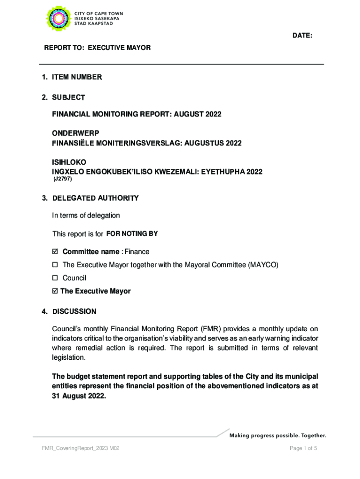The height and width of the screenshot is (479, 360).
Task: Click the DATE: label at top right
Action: pyautogui.click(x=302, y=36)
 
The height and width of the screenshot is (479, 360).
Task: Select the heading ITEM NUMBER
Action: pyautogui.click(x=77, y=77)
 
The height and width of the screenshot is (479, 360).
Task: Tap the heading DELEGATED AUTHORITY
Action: pyautogui.click(x=95, y=198)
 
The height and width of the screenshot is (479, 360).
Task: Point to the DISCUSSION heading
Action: pyautogui.click(x=74, y=312)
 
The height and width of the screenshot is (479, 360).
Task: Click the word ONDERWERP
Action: pyautogui.click(x=76, y=133)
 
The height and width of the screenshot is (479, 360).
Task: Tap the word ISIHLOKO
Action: pyautogui.click(x=69, y=162)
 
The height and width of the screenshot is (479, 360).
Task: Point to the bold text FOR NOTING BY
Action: pyautogui.click(x=132, y=233)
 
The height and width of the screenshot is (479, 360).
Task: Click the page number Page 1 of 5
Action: pyautogui.click(x=303, y=449)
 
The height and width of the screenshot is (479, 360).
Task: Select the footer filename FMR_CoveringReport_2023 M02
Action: pyautogui.click(x=80, y=449)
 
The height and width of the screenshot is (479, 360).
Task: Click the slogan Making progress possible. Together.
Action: pyautogui.click(x=277, y=435)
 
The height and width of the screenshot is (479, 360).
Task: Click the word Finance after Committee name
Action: pyautogui.click(x=137, y=252)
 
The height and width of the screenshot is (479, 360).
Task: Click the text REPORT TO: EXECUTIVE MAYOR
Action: pyautogui.click(x=97, y=48)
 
